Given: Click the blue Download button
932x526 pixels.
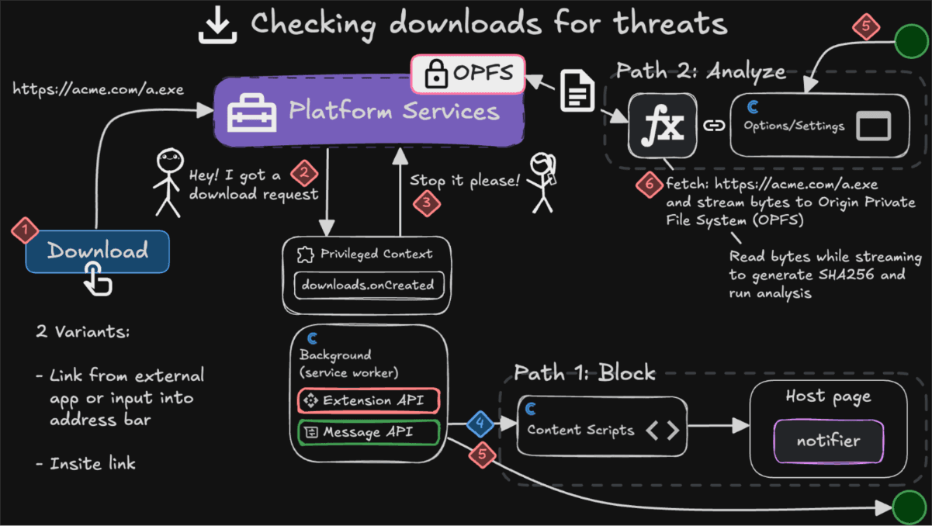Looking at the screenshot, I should tap(97, 251).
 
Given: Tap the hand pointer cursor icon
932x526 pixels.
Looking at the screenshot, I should tap(98, 279).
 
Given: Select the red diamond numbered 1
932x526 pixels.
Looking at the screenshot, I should tap(25, 230).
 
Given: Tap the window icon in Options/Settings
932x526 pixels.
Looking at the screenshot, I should tap(873, 126).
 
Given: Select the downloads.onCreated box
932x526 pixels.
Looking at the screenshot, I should tap(368, 285).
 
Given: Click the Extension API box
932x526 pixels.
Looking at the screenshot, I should tap(368, 400).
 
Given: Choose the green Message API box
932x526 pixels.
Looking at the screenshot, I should tap(368, 432).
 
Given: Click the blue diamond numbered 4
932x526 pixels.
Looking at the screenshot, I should tap(480, 424).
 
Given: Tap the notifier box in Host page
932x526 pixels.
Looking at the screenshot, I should tap(828, 441).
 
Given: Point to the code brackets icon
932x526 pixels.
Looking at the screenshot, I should tap(663, 430).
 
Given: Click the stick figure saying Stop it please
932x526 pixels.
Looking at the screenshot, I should tap(541, 182).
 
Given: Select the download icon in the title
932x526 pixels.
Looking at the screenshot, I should tap(217, 24).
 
